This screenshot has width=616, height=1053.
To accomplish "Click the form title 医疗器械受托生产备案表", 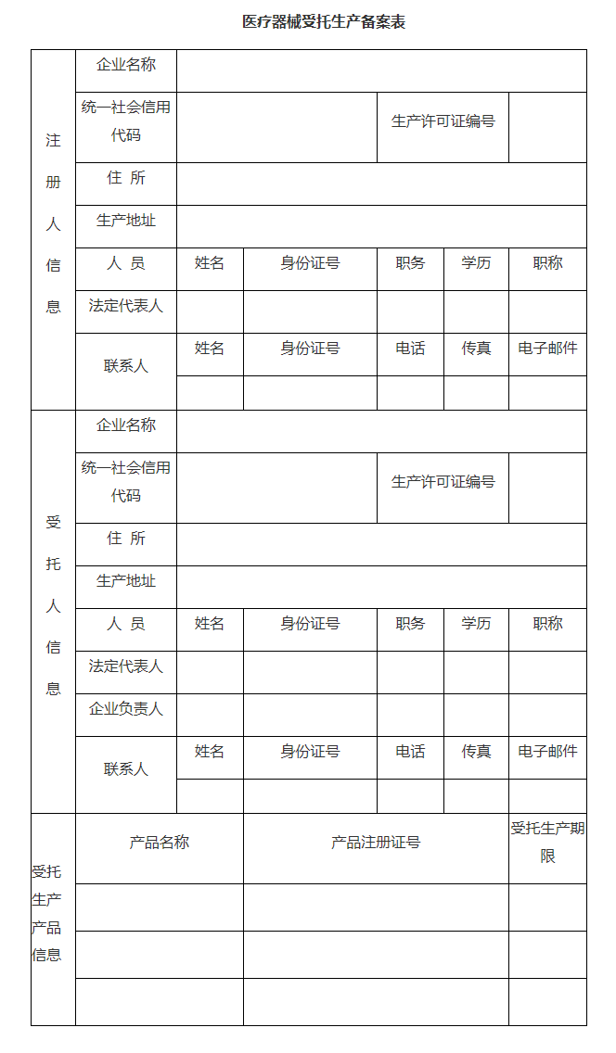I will coord(324,22).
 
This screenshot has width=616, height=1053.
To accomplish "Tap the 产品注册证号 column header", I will coord(376,843).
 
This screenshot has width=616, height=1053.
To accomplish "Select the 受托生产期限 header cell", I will coord(547,843).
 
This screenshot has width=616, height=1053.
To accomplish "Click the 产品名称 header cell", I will coord(160,843).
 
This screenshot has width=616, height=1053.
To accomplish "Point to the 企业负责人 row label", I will coord(126,709).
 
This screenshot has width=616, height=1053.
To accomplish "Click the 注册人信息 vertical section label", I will coord(53,223).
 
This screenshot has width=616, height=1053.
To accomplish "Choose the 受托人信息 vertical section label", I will coord(53,605).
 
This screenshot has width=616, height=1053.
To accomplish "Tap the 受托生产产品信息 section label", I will coord(47,913).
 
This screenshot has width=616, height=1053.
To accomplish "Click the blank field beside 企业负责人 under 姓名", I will coord(210,715).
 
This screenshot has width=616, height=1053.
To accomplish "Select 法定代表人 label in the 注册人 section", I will coord(126,306).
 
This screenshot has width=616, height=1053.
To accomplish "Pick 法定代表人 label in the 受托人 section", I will coord(126,666).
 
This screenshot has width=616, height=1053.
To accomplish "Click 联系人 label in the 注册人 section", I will coord(126,366).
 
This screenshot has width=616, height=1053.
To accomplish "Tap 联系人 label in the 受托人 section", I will coord(126,769).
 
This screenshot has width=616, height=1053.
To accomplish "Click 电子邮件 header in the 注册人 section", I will coord(547,349).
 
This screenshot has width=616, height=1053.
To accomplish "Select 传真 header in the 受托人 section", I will coord(476,752).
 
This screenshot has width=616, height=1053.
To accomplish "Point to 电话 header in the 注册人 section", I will coord(410,349).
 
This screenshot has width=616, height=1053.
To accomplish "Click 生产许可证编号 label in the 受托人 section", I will coord(443,482).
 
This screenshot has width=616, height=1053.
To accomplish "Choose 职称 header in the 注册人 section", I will coord(547,263).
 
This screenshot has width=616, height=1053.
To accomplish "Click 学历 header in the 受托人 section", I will coord(476,624).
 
